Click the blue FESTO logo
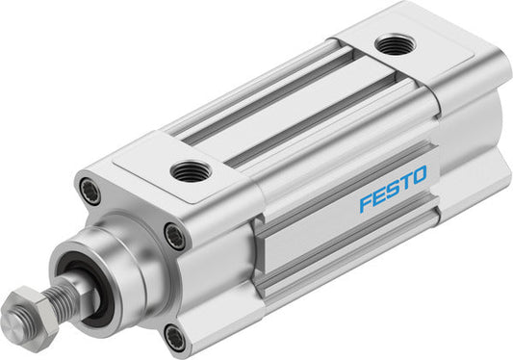[x=394, y=189]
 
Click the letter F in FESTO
[x=367, y=202]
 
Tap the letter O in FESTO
[x=419, y=174]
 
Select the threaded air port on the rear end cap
[x=395, y=44]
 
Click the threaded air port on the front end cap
[x=191, y=171]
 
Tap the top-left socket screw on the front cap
[x=90, y=192]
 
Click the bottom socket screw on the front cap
[x=174, y=337]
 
